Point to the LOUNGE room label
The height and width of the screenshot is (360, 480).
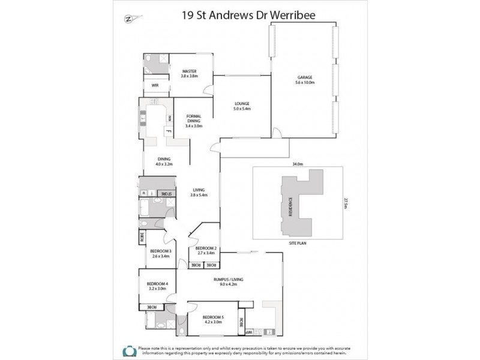pyautogui.click(x=242, y=106)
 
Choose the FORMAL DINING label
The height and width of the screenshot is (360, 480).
pyautogui.click(x=194, y=121)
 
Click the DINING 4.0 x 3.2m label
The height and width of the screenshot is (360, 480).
pyautogui.click(x=164, y=161)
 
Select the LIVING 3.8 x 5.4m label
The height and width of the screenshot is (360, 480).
pyautogui.click(x=199, y=192)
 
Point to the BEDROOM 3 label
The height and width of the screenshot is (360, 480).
pyautogui.click(x=161, y=253)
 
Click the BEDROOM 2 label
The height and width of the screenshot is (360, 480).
pyautogui.click(x=206, y=250)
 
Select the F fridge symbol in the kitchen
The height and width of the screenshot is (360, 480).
pyautogui.click(x=169, y=131)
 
